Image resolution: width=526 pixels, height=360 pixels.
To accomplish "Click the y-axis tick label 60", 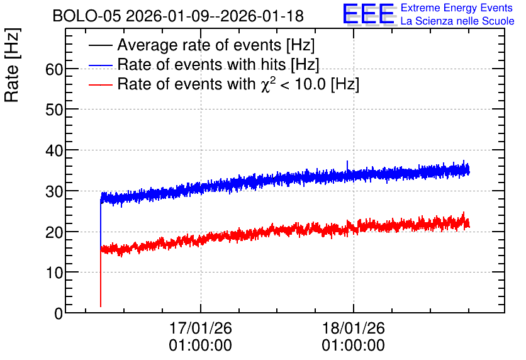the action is [54, 69].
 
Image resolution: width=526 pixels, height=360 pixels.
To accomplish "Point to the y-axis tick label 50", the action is [54, 110].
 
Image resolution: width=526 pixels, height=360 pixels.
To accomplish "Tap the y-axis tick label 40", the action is [54, 150].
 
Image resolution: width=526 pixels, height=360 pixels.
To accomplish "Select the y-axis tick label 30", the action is [54, 191].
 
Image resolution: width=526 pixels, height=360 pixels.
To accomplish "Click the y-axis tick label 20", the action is [54, 232].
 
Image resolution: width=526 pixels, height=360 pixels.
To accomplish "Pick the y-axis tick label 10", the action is [54, 273].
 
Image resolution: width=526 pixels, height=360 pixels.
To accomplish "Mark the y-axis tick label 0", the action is [59, 313].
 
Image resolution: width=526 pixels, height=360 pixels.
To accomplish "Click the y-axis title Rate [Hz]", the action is [13, 65].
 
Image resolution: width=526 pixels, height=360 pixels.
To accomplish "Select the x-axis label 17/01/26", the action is [201, 328].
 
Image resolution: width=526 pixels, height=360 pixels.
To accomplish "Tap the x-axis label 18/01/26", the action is [354, 328].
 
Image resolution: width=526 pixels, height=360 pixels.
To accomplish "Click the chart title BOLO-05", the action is [86, 16].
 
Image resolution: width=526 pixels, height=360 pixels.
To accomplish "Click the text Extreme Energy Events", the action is [457, 8].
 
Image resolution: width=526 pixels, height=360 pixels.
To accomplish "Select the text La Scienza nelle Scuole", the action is [457, 21].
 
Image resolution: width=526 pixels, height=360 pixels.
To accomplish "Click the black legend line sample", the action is [100, 45].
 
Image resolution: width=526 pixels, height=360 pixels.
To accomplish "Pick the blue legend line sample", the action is [100, 65].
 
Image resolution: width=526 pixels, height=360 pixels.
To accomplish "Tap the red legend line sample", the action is [100, 84].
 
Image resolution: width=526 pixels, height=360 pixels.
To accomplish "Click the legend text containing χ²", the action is [238, 84].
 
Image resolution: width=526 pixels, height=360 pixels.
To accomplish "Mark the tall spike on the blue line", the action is [347, 166].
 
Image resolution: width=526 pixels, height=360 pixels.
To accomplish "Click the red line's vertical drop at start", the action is [101, 278].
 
